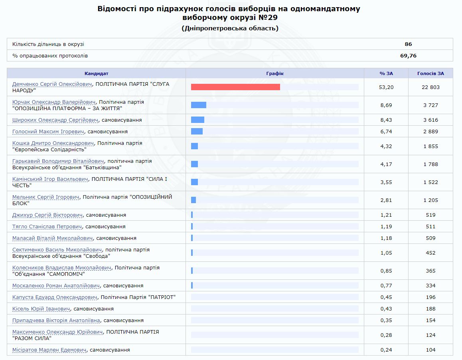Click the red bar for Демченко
click(235, 87)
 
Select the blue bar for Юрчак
click(199, 105)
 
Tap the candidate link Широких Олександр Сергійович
click(55, 120)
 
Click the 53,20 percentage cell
click(386, 87)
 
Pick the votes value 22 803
click(430, 87)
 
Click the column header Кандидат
click(96, 73)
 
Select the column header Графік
click(275, 73)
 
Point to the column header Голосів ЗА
click(430, 73)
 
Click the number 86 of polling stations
click(408, 44)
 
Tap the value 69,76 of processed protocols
click(408, 56)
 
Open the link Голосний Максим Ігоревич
click(48, 132)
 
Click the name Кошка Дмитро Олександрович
click(53, 143)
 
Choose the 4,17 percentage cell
click(386, 164)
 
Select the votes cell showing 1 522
click(430, 182)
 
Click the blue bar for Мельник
click(193, 200)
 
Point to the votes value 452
click(430, 253)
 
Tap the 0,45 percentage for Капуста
click(386, 297)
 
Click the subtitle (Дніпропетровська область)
click(230, 28)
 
